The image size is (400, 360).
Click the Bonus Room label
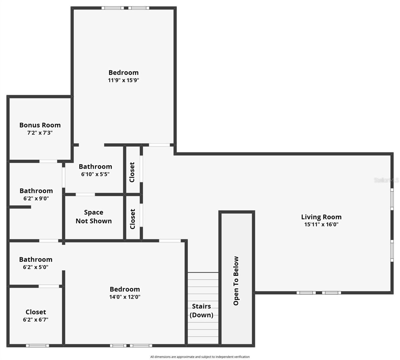point(40,125)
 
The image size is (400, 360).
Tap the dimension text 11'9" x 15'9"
point(123,80)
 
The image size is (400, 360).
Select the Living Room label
point(321,217)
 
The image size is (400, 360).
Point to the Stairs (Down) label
point(201,310)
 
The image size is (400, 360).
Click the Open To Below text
point(236,281)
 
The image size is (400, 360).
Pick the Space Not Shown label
point(94,217)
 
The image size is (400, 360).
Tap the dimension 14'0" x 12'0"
point(125,297)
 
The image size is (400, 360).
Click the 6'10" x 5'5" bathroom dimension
point(95,174)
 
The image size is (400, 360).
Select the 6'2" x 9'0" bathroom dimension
point(36,198)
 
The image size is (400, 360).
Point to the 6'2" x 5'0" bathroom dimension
point(36,267)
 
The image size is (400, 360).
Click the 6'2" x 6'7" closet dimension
point(36,320)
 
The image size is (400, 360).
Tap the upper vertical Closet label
point(132,172)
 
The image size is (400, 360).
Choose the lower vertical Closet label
point(132,219)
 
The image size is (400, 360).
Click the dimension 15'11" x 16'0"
point(321,225)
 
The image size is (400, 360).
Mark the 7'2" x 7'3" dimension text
point(40,133)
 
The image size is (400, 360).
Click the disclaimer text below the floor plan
point(200,357)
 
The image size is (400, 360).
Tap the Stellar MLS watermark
point(386,180)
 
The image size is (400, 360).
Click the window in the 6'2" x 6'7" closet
point(38,346)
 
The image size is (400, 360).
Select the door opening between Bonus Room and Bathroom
point(48,161)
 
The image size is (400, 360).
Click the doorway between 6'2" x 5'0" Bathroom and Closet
point(49,286)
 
